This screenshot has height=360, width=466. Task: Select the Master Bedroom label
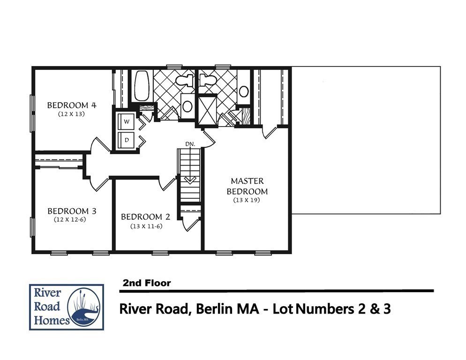point(247,186)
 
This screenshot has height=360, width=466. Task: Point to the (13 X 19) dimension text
point(247,200)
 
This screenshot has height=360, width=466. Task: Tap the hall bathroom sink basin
point(188,106)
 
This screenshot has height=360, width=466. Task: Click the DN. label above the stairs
point(190,143)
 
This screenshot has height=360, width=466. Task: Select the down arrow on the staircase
point(190,180)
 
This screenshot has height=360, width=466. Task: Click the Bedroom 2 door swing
point(167,184)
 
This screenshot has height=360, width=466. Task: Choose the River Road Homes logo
point(66,307)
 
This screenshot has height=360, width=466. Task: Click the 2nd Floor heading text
point(146,283)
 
